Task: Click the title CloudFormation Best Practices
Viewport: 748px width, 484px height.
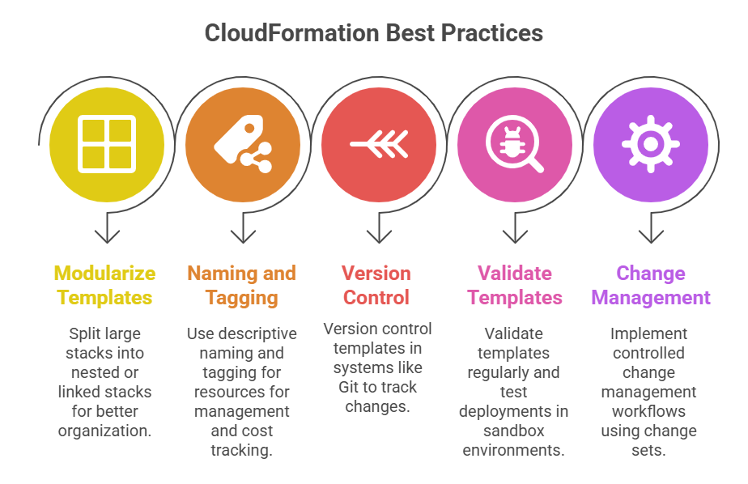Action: pos(373,33)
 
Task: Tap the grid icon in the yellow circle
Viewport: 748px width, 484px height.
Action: pos(106,146)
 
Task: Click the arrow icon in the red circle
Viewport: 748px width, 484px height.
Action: pos(378,145)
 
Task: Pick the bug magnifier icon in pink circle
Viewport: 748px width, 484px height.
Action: pos(514,146)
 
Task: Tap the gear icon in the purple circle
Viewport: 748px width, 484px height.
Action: pos(650,145)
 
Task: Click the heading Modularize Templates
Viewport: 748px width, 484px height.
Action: pos(105,285)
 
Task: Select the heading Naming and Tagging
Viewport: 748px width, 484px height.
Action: pos(241,285)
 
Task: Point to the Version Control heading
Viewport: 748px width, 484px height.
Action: pos(376,285)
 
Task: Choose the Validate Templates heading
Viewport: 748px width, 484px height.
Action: pos(514,285)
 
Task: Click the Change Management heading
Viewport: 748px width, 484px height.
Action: pos(650,285)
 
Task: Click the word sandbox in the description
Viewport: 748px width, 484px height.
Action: pos(514,431)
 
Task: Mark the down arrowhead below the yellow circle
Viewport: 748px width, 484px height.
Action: pos(107,236)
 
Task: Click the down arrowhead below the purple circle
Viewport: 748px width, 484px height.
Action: pos(650,236)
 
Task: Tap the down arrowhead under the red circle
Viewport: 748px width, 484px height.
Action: pos(378,236)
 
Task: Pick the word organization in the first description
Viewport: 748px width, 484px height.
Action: pos(105,431)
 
